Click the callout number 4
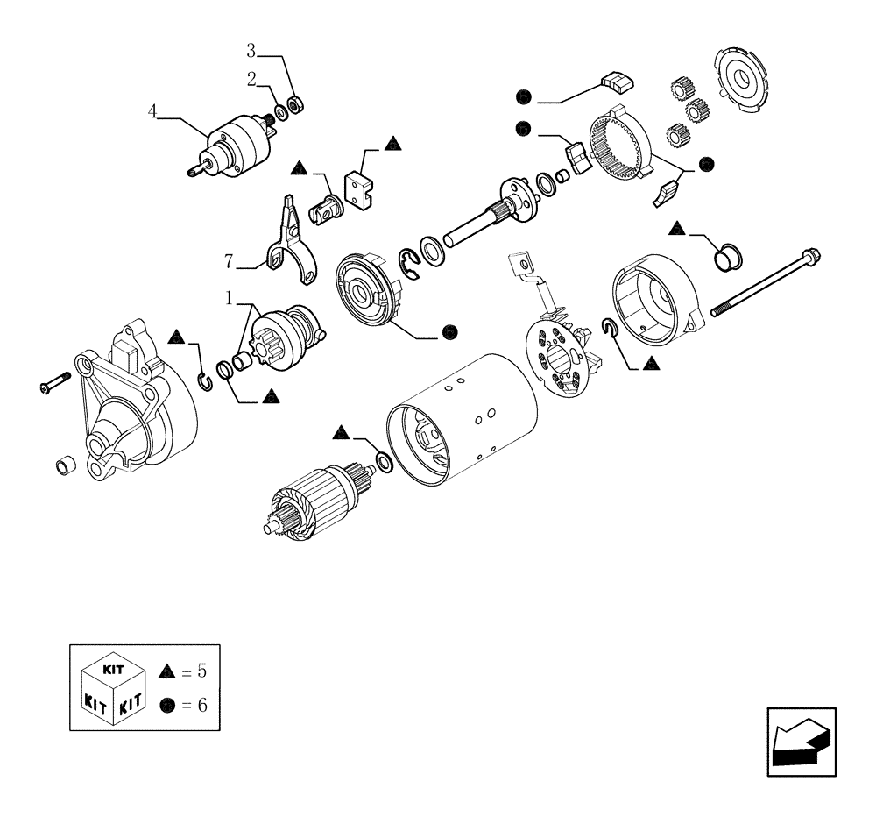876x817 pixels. click(x=152, y=111)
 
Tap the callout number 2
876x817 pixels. click(x=251, y=79)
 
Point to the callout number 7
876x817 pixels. click(x=229, y=260)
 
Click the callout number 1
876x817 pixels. click(x=229, y=299)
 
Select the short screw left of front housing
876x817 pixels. click(x=53, y=382)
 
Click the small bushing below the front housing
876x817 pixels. click(x=64, y=465)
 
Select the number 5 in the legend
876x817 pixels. click(x=201, y=672)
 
